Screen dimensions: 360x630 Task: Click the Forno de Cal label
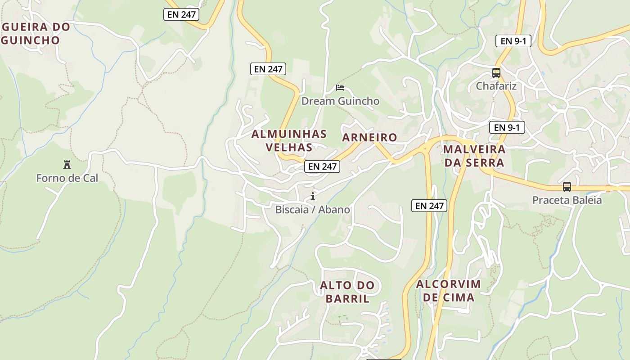point(67,178)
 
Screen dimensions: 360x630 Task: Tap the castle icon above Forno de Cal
point(67,165)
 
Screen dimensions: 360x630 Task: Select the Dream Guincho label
point(340,101)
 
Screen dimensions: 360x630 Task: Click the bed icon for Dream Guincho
point(340,87)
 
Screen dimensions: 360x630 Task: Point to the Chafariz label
point(496,86)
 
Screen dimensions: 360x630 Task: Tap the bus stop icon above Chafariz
point(496,72)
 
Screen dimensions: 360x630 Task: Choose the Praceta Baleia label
point(567,200)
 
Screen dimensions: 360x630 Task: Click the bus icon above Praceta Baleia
point(567,186)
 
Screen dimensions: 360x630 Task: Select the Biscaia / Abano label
point(313,210)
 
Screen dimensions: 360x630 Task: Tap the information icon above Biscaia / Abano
point(313,196)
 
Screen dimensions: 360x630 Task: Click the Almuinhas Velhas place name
point(289,140)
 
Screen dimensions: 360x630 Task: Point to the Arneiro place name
point(369,137)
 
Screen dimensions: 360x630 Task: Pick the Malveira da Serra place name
point(474,156)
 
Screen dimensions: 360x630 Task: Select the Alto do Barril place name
point(347,292)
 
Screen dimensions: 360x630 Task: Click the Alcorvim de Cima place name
point(448,291)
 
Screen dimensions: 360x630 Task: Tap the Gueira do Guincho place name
point(36,33)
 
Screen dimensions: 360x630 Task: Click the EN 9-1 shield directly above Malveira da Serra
point(507,127)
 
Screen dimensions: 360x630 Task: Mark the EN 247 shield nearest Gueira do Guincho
point(181,14)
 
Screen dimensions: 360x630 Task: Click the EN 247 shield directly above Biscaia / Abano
point(323,166)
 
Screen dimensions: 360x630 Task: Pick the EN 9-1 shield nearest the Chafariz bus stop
point(513,41)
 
